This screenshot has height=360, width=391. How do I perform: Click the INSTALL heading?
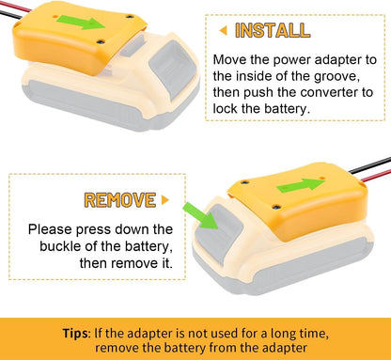click(273, 30)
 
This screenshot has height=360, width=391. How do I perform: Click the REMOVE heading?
click(120, 200)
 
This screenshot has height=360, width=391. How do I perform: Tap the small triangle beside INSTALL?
click(223, 30)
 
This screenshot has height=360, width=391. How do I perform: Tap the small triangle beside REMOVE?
click(165, 199)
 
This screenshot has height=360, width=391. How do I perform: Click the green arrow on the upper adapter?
click(81, 23)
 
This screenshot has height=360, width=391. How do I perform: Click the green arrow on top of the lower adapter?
click(301, 185)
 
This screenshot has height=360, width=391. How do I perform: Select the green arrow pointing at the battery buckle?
click(200, 215)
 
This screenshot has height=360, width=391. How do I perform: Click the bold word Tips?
click(76, 333)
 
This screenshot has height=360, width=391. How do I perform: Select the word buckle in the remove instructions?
click(60, 246)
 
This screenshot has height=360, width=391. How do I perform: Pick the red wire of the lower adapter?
click(376, 176)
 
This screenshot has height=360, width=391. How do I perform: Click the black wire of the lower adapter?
click(369, 164)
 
